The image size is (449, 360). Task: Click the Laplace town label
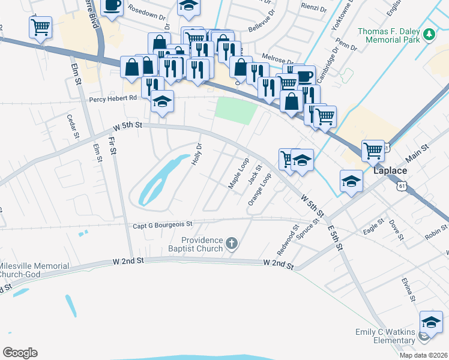pos(391,170)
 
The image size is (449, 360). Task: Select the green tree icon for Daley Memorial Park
pos(429,35)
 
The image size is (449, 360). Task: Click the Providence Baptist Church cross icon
pos(232,244)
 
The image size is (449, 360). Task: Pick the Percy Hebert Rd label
pos(113,100)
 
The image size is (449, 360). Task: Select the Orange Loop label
pos(260,190)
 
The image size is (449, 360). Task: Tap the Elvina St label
pos(409,290)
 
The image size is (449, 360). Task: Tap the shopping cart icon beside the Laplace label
pos(373,151)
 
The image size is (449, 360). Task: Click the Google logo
pos(20,353)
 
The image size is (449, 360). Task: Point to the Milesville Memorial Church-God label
pos(34,270)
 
